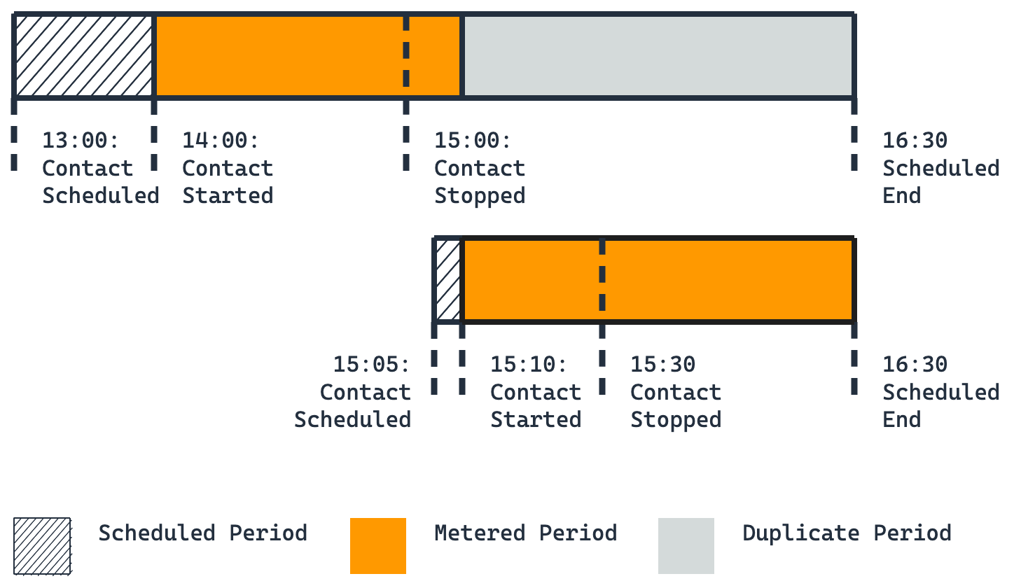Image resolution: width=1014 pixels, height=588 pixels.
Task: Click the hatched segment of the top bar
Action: tap(84, 55)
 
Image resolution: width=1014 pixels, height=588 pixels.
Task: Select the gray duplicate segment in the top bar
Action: tap(658, 55)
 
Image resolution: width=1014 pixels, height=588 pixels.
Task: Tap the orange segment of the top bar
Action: tap(307, 55)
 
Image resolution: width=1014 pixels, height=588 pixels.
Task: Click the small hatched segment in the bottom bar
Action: tap(448, 280)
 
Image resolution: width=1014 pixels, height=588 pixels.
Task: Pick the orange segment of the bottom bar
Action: tap(658, 280)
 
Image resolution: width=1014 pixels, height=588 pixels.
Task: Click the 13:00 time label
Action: tap(81, 141)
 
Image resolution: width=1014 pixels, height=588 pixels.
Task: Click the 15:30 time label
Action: tap(662, 365)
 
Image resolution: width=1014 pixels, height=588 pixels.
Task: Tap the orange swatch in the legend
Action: tap(378, 546)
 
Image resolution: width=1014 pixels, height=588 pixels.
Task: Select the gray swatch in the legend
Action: tap(686, 546)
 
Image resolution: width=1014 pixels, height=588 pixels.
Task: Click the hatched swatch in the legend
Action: tap(43, 546)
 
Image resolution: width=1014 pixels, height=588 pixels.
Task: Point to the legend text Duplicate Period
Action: tap(847, 533)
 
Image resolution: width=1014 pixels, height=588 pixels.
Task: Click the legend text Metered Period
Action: tap(525, 533)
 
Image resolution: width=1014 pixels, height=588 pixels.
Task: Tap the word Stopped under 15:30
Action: tap(676, 420)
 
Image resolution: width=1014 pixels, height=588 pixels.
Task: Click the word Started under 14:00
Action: tap(228, 196)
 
